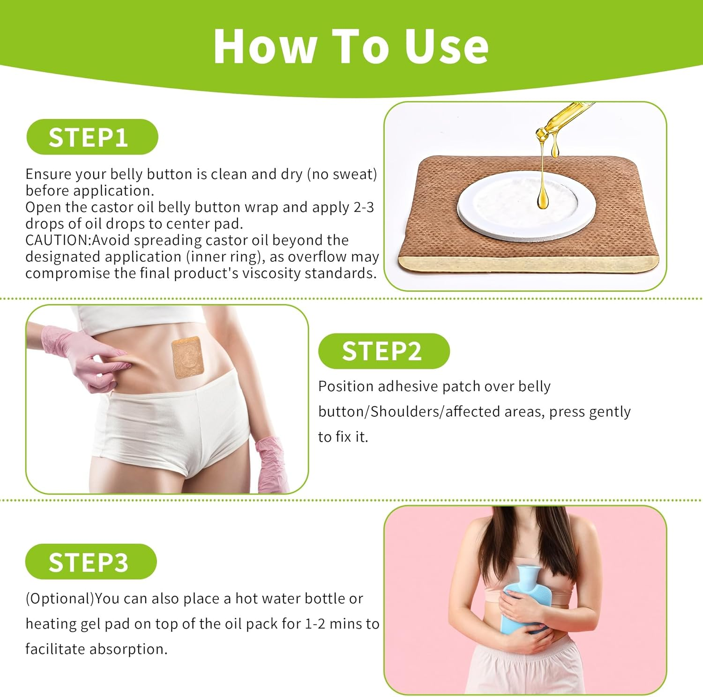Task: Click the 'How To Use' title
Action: [x=351, y=46]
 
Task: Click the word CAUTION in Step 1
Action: [x=58, y=240]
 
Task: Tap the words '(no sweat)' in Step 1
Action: [x=342, y=174]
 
